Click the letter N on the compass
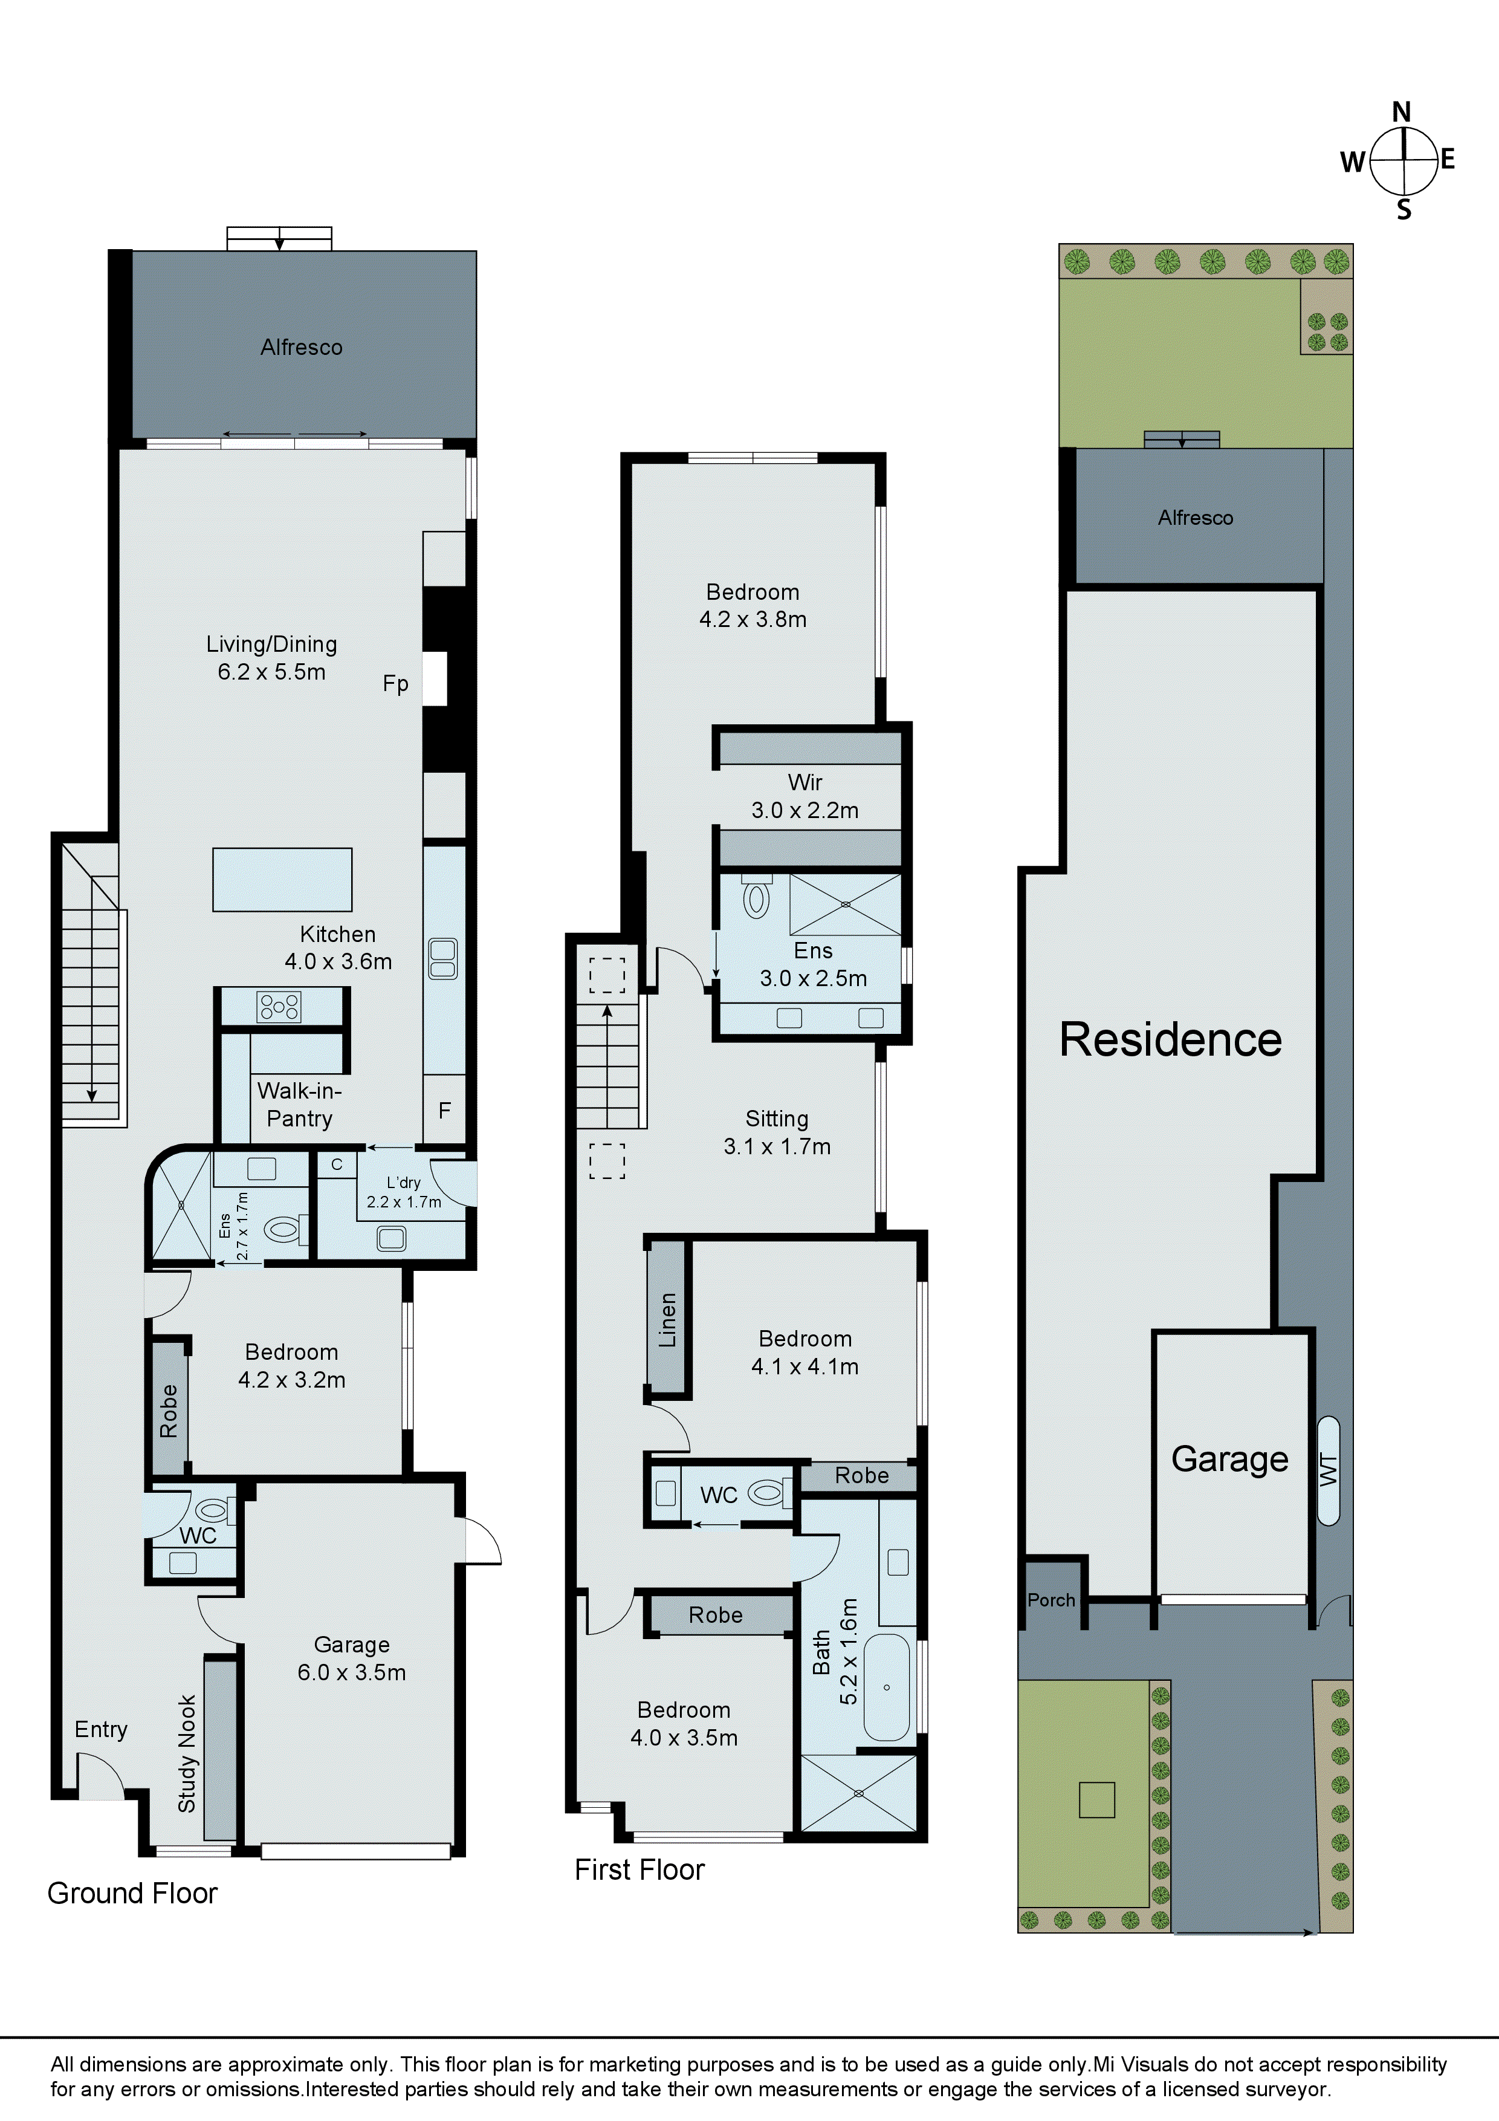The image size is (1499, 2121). pos(1401,112)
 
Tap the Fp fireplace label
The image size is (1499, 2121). pos(395,684)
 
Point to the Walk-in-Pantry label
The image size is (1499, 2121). pos(299,1105)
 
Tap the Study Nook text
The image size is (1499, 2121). pos(187,1753)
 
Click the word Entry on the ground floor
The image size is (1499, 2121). pos(101,1729)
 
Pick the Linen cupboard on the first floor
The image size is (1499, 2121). pos(668,1319)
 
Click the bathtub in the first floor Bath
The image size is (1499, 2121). pos(887,1687)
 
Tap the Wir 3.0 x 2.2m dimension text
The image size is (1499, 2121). pos(805,810)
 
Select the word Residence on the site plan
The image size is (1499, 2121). pos(1170,1039)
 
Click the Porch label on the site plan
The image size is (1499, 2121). pos(1051,1600)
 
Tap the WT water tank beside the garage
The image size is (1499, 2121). pos(1328,1470)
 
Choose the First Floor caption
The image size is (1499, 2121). pos(639,1869)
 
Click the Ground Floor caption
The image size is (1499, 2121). pos(132,1893)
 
